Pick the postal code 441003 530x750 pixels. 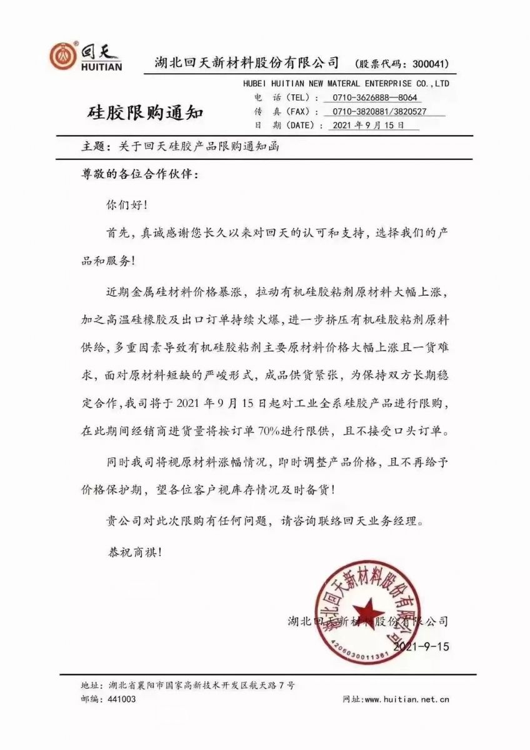point(122,699)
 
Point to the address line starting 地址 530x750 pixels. point(187,685)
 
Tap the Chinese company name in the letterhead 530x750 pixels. point(247,62)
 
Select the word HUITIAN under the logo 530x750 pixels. point(102,67)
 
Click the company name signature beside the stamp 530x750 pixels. point(369,621)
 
